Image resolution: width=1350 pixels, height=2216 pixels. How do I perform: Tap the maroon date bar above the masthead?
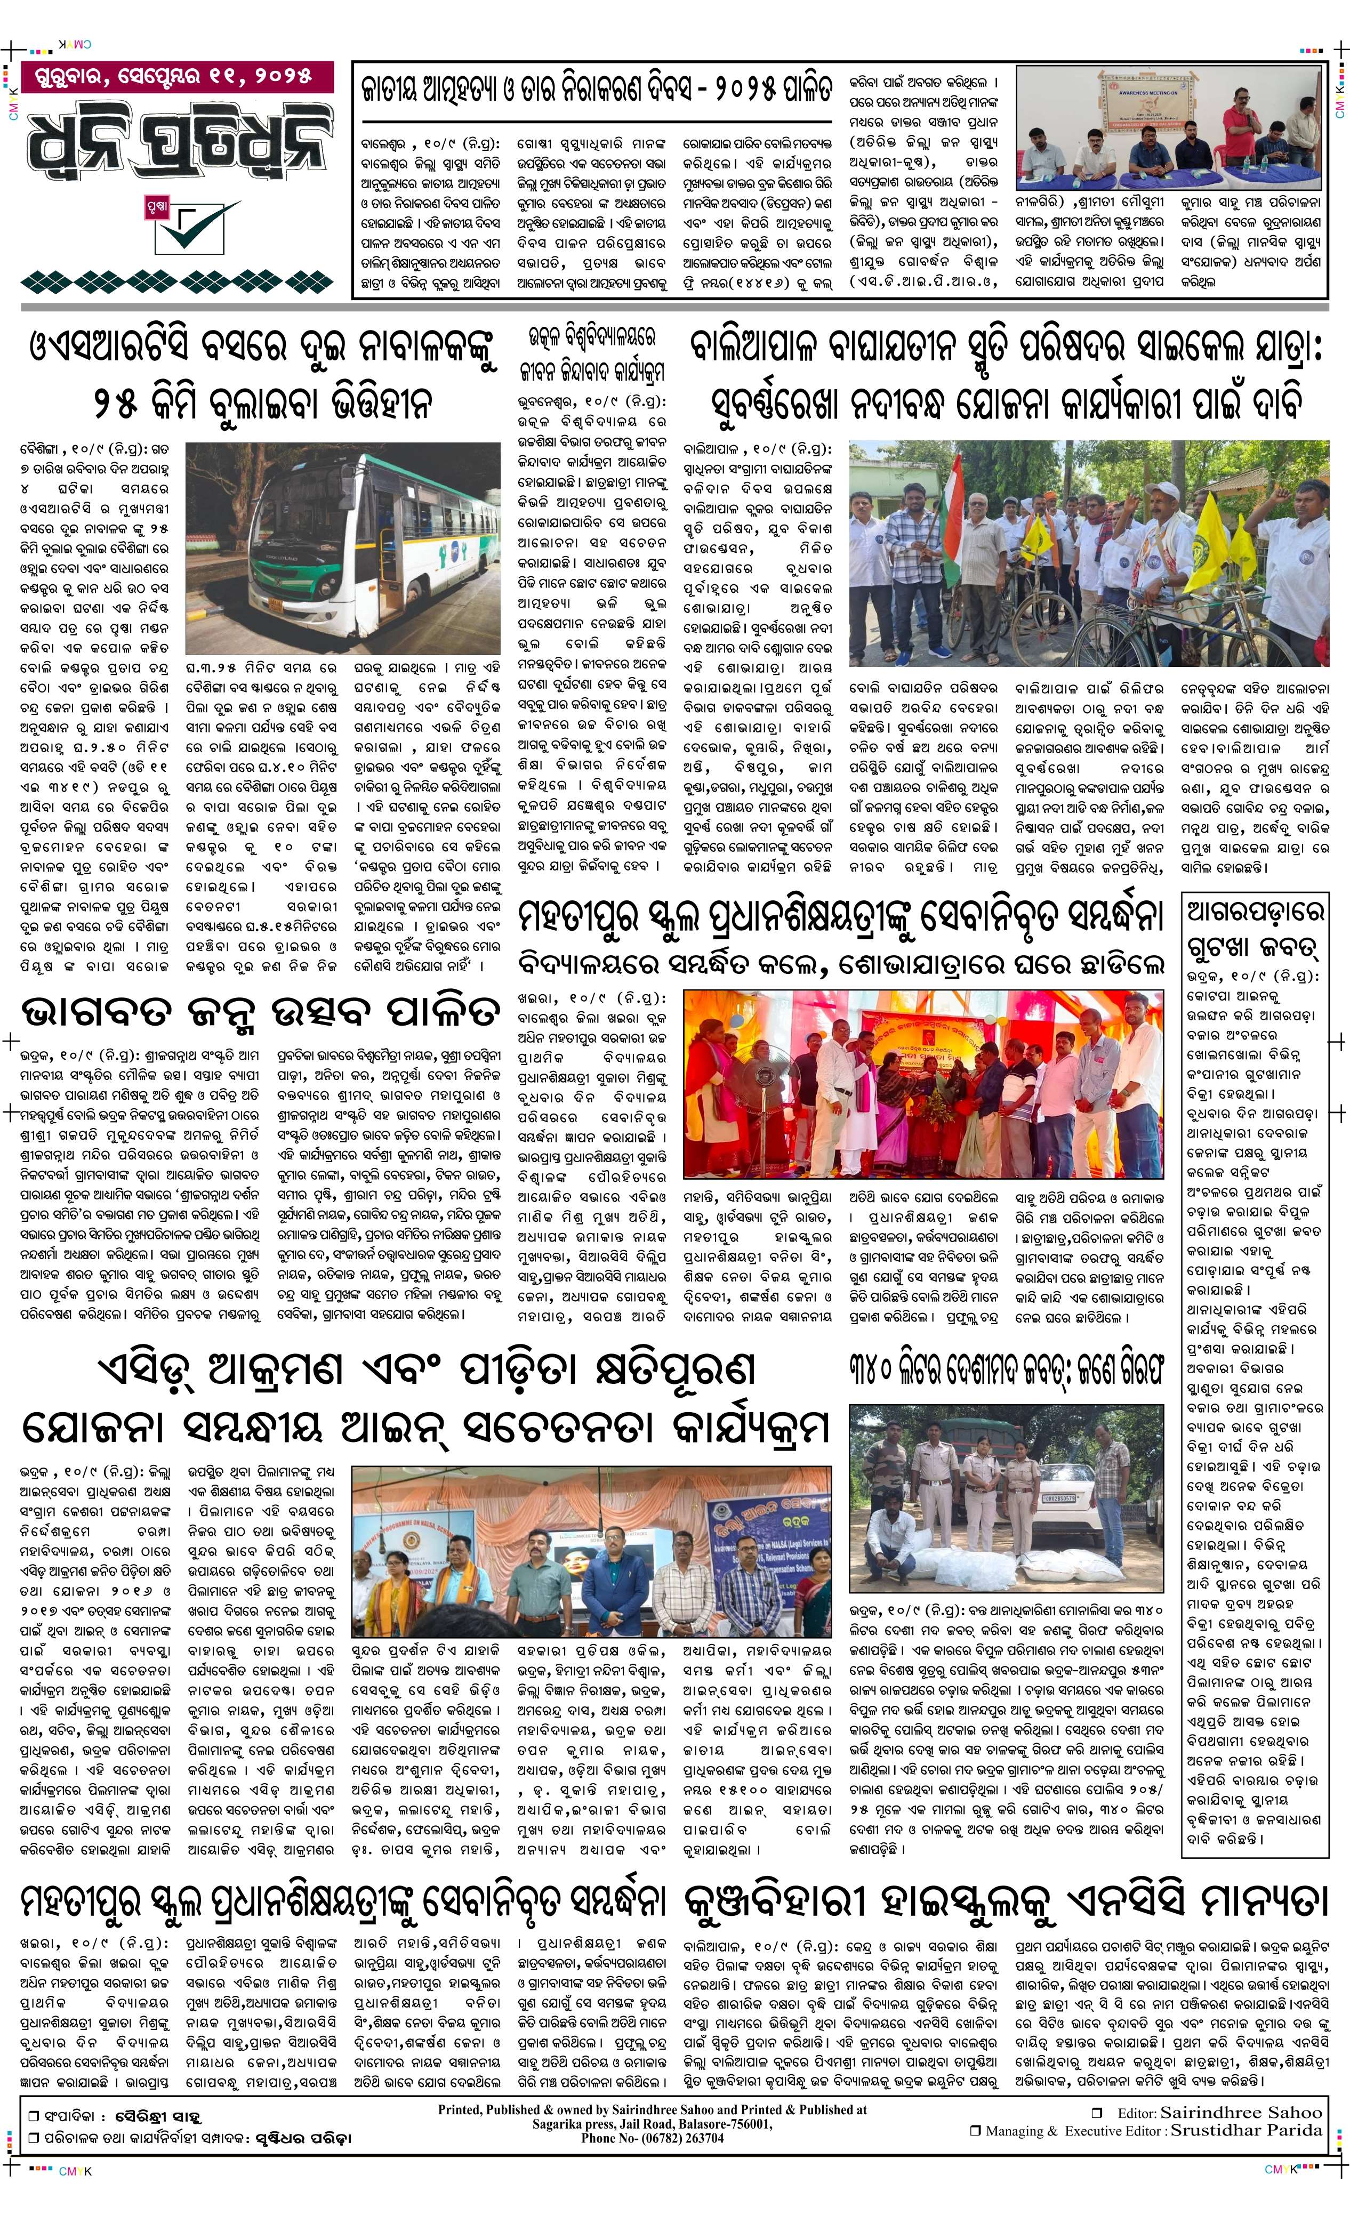pos(177,76)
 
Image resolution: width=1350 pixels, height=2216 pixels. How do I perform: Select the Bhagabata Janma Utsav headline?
pos(260,1010)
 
